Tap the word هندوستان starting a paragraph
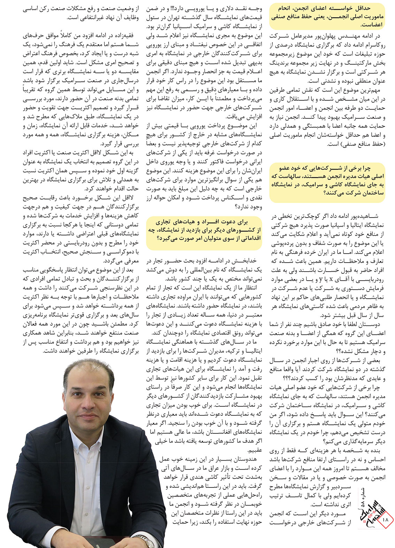click(x=243, y=460)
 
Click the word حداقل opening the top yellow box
click(x=372, y=8)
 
